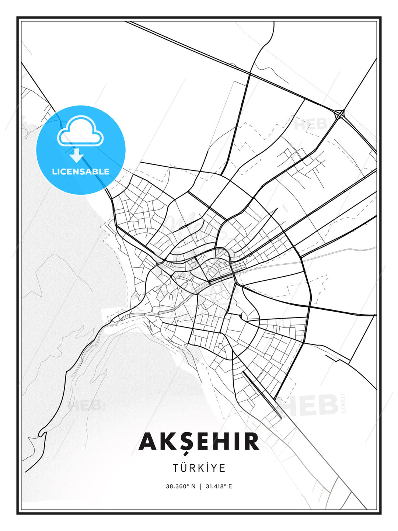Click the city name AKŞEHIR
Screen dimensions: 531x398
point(199,442)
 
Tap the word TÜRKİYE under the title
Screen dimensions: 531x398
point(199,468)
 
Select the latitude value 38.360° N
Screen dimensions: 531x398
point(181,486)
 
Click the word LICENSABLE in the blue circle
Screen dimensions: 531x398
point(81,171)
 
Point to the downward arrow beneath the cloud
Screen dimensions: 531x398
point(77,156)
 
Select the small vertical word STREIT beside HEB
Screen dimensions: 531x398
point(344,403)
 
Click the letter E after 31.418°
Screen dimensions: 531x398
point(230,486)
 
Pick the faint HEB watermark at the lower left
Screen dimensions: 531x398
point(85,406)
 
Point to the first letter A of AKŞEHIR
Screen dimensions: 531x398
point(148,442)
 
